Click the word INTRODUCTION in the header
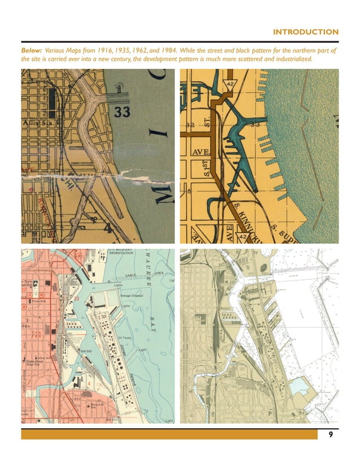[305, 32]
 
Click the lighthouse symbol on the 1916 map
[119, 87]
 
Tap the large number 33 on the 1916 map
[122, 112]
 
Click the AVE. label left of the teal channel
[200, 153]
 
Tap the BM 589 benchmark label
[87, 351]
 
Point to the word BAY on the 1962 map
[153, 324]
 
